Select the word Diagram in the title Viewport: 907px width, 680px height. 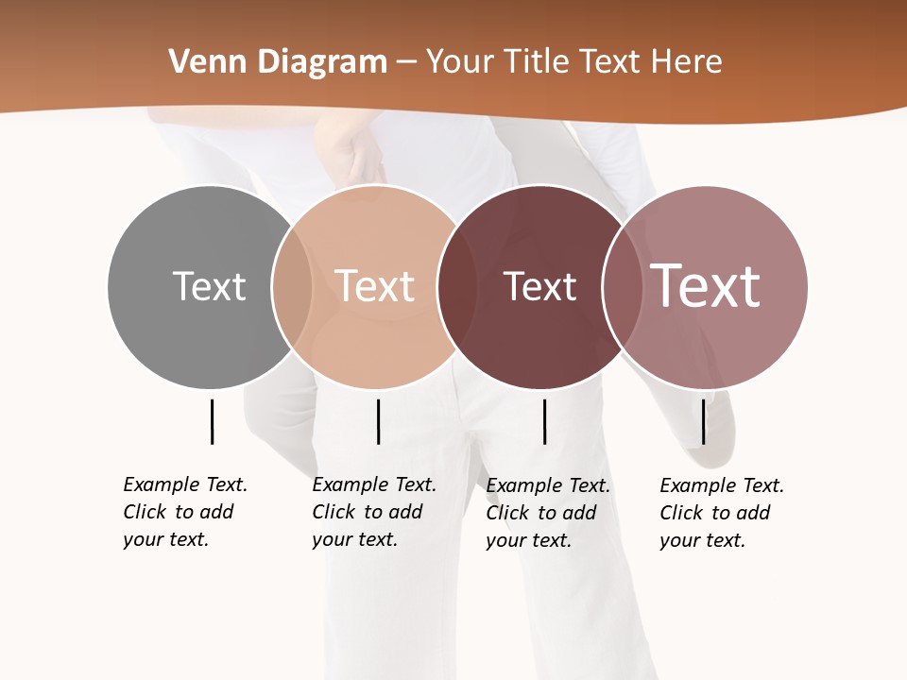click(322, 63)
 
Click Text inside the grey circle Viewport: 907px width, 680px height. click(209, 286)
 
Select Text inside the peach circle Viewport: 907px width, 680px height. click(374, 286)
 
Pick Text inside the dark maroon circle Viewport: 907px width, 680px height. click(539, 287)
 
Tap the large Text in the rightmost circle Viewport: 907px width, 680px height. click(706, 286)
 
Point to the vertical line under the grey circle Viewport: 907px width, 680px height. click(212, 421)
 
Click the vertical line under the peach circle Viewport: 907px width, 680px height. click(378, 421)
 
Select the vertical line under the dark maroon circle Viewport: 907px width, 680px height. click(544, 421)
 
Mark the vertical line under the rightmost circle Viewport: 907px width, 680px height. click(703, 421)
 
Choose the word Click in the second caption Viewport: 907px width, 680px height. click(334, 512)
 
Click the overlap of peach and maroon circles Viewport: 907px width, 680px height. click(450, 287)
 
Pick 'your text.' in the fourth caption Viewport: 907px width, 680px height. click(702, 540)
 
